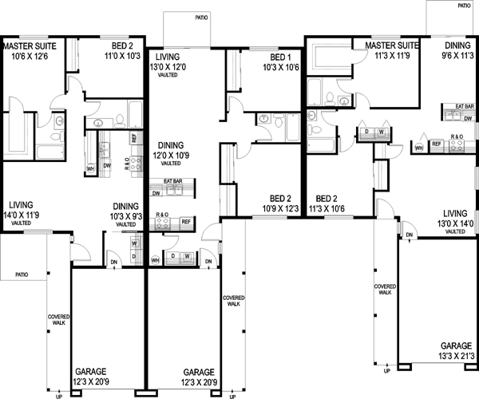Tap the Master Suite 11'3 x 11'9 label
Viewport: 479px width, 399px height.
[x=392, y=51]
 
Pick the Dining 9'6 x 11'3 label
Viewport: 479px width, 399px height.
[x=457, y=51]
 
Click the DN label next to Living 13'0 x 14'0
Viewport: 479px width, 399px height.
[x=408, y=235]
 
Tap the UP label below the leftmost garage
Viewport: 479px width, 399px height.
[x=58, y=394]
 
